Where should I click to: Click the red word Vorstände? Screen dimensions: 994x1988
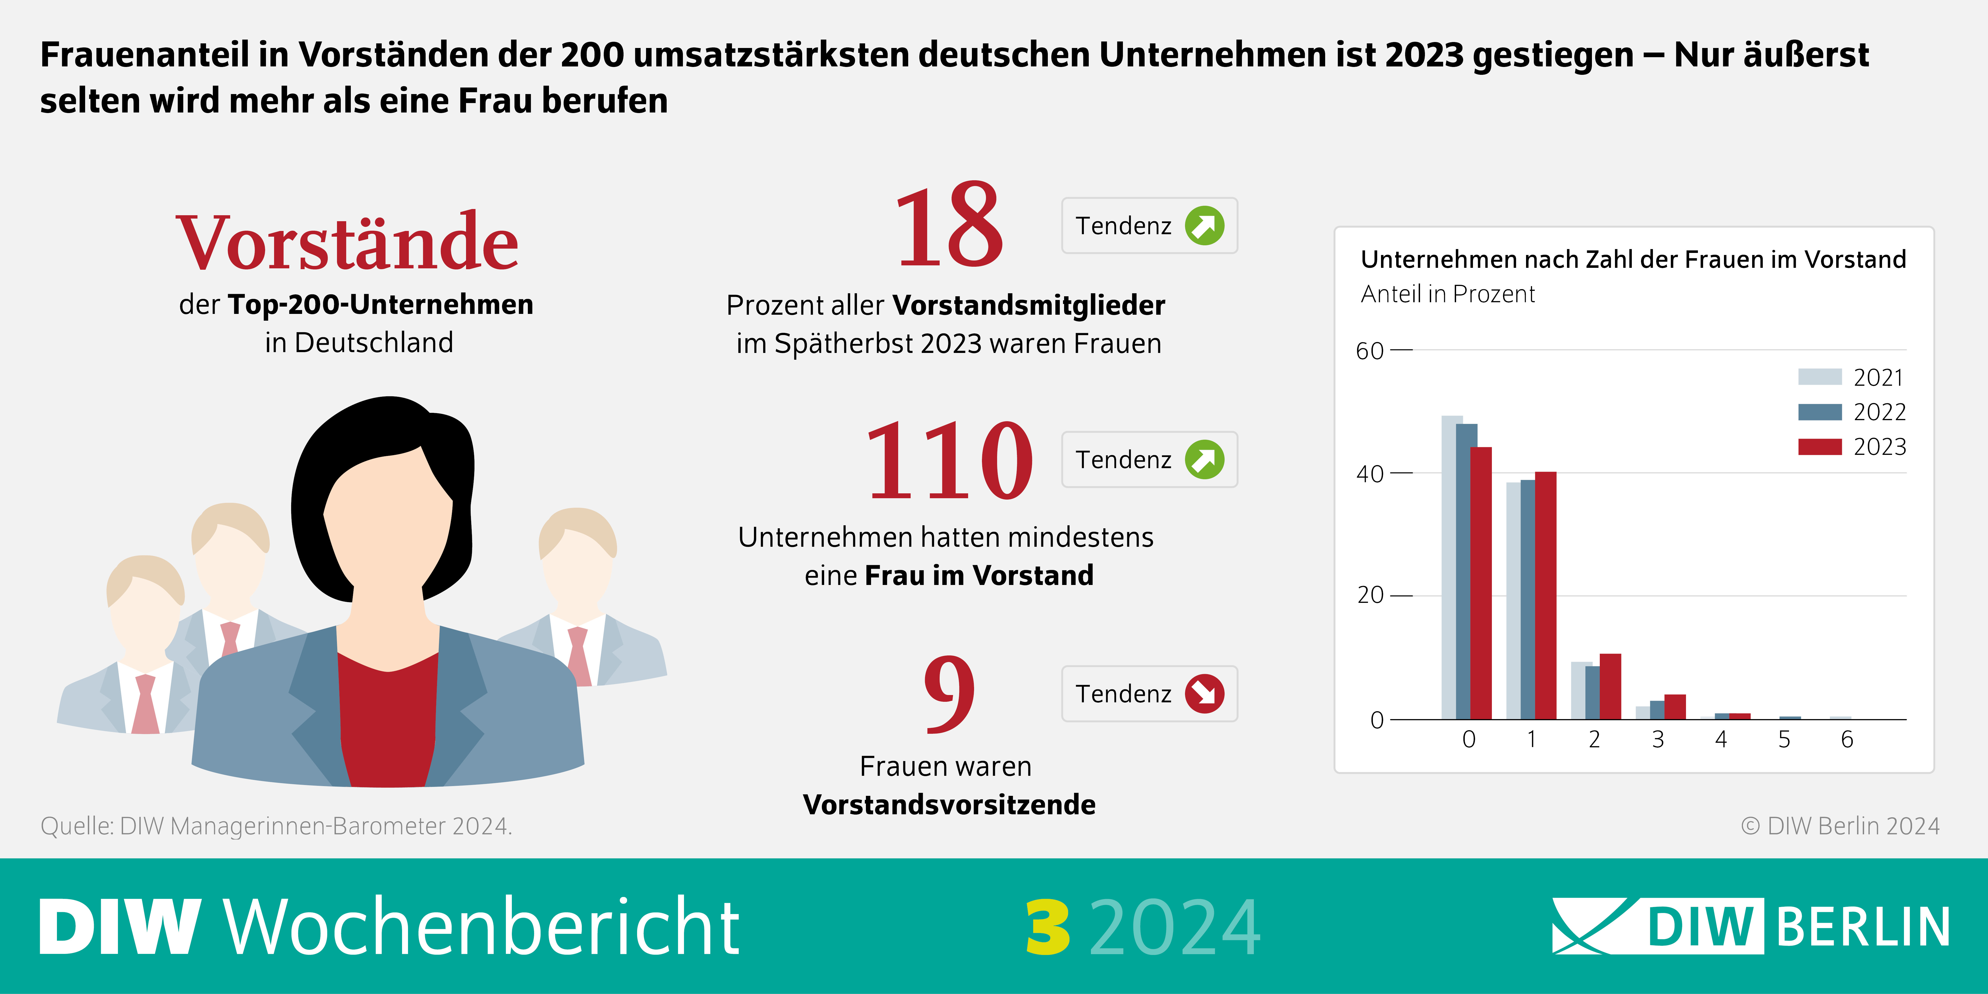[x=347, y=243]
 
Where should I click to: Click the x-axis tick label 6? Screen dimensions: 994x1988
[x=1847, y=739]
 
